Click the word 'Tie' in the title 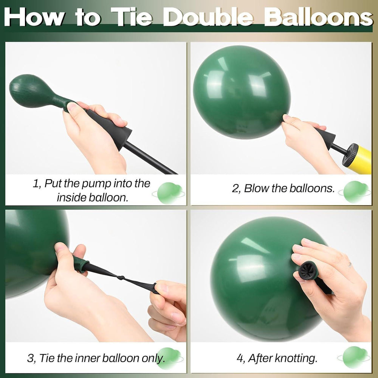(132, 17)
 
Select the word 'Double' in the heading (209, 17)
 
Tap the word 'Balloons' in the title (319, 17)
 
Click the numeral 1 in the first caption (36, 184)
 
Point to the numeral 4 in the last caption (240, 358)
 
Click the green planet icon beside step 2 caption (355, 192)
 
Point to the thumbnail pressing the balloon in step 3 (59, 247)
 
